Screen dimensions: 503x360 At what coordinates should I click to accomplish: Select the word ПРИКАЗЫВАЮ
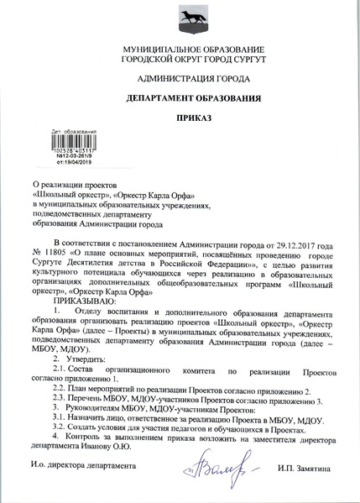coord(86,300)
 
